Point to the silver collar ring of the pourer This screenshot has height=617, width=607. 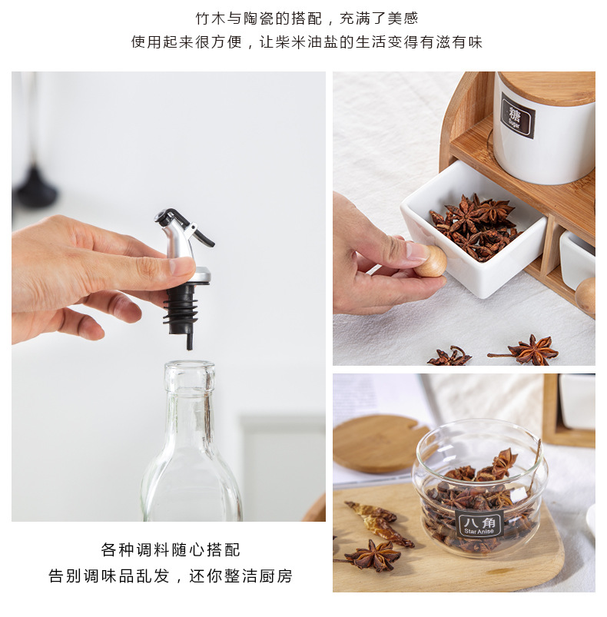(x=197, y=276)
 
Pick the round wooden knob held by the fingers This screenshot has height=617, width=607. (x=432, y=261)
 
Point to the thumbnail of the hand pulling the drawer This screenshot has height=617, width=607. (x=416, y=250)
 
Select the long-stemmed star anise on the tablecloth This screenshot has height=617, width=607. (x=529, y=350)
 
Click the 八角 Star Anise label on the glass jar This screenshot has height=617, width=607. (x=480, y=524)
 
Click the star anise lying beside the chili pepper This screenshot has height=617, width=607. (x=373, y=555)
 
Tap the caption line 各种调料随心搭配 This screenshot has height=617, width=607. (x=171, y=550)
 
